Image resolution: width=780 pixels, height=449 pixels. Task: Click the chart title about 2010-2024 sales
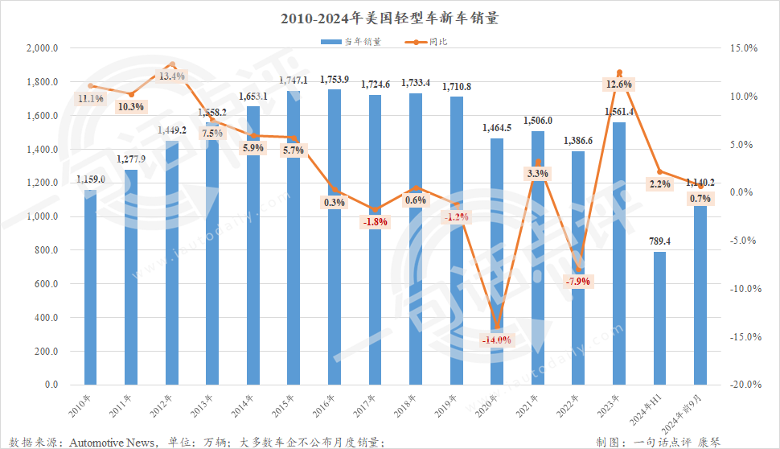[x=390, y=18]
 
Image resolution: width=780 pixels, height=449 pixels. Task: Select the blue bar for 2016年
[x=335, y=241]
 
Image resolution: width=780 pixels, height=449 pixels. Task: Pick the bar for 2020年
[x=497, y=257]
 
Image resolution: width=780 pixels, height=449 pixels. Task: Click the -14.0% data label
[x=496, y=340]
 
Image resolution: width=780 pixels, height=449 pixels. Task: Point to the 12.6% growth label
[x=619, y=84]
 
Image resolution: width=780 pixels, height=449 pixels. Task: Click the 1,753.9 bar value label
[x=335, y=80]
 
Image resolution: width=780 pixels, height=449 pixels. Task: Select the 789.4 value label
[x=659, y=241]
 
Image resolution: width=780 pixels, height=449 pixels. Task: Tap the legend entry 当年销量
[x=351, y=40]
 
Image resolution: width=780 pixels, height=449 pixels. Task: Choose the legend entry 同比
[x=438, y=40]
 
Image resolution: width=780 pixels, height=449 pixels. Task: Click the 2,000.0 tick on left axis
[x=43, y=48]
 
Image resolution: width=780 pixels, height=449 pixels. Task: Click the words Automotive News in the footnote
[x=113, y=441]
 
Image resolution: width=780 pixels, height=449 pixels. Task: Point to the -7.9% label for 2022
[x=578, y=282]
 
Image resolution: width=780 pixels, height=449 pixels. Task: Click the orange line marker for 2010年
[x=91, y=85]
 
